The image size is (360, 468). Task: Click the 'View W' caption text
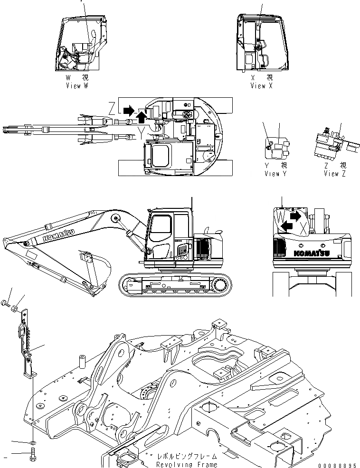click(x=77, y=86)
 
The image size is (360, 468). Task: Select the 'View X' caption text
click(x=262, y=86)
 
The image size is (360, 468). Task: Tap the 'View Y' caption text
click(x=275, y=174)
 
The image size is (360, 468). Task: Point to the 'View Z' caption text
click(x=335, y=174)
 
